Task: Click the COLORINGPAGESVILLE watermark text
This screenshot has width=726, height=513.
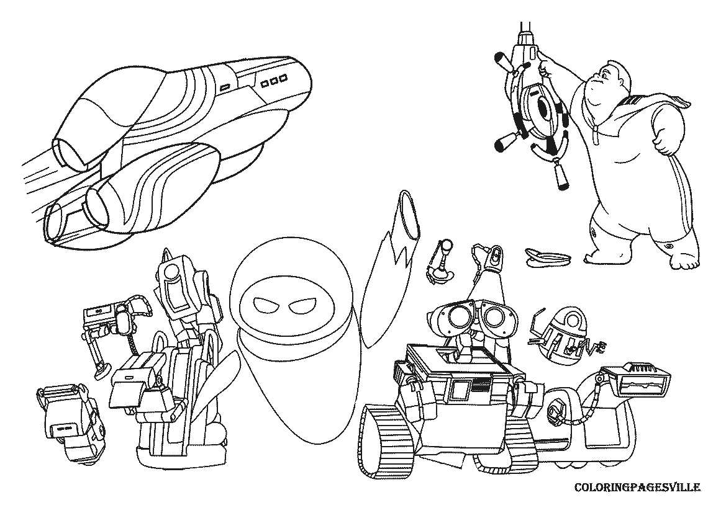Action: coord(637,488)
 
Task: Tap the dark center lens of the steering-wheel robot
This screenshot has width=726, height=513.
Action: coord(542,109)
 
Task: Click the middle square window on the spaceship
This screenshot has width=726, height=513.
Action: coord(274,81)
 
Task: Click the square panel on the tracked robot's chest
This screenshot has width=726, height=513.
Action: coord(460,390)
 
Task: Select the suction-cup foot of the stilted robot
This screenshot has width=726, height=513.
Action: coord(99,372)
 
